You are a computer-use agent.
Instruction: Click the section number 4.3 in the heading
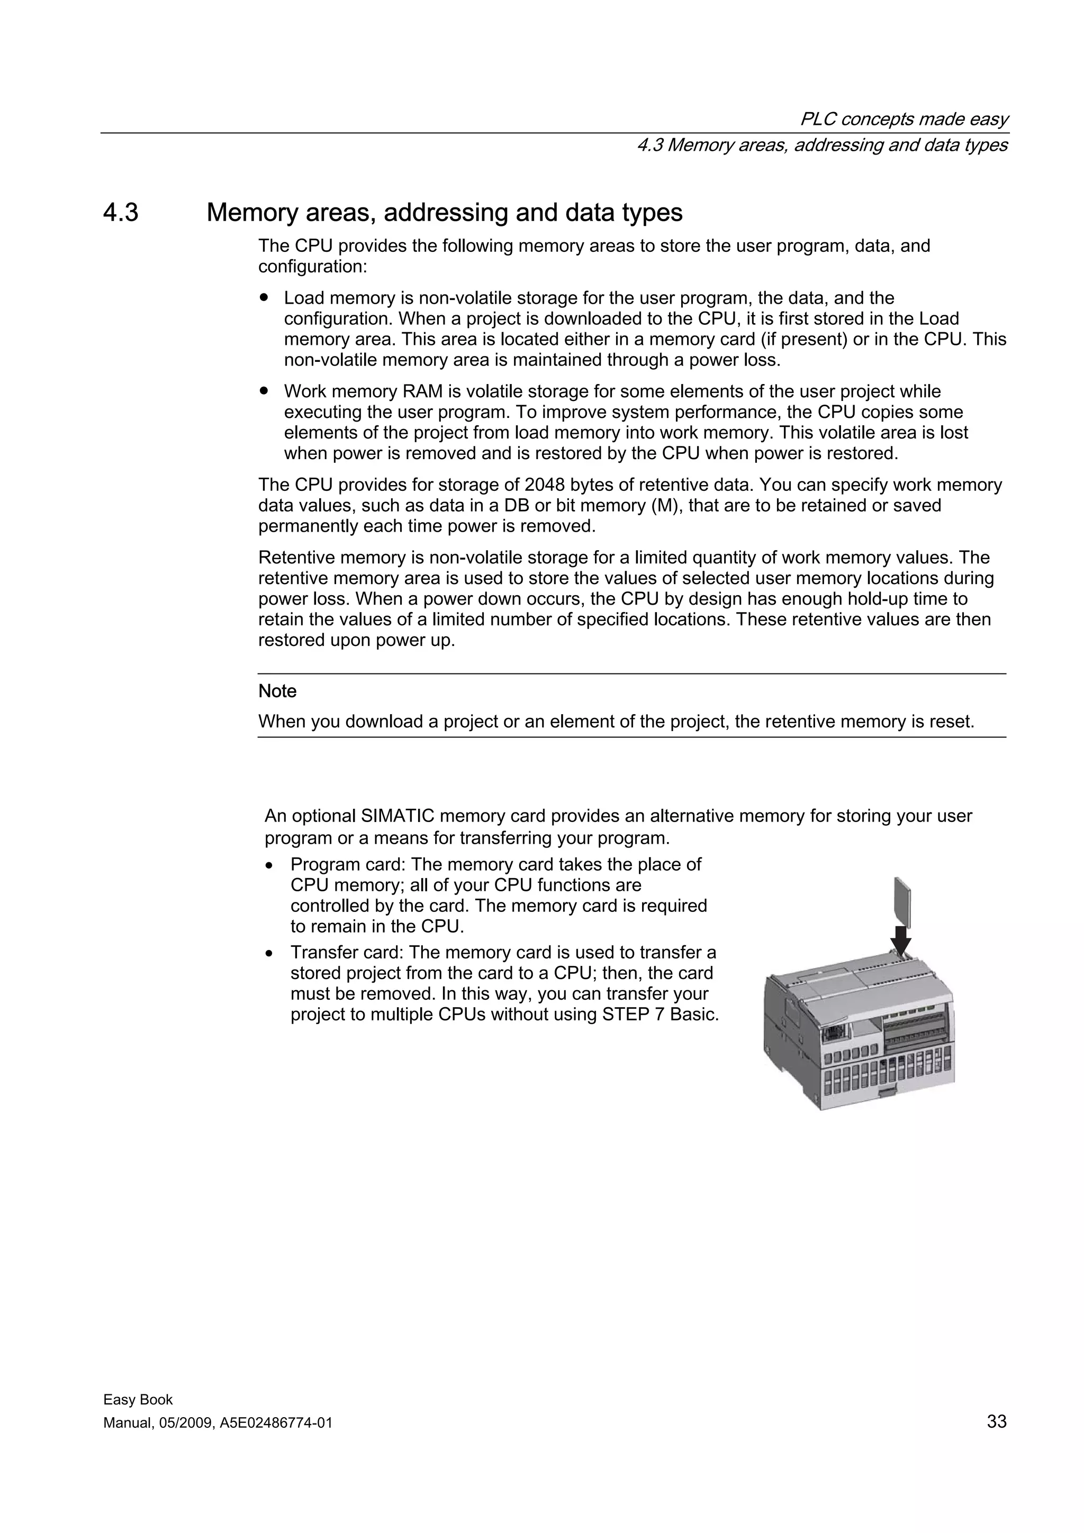coord(121,212)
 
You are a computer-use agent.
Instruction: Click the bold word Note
coord(277,691)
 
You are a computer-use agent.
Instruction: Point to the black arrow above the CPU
coord(901,942)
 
